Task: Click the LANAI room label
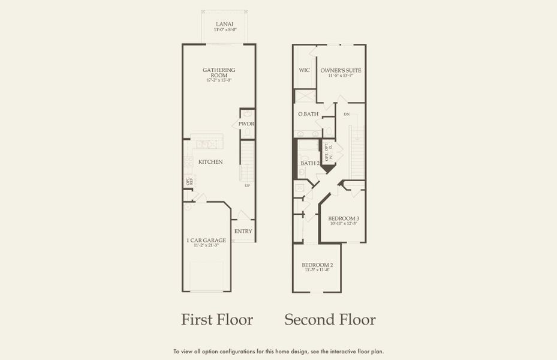[225, 23]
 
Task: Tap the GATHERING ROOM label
[219, 70]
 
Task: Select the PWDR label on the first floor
[246, 124]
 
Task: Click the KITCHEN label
[210, 162]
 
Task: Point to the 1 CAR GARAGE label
[206, 240]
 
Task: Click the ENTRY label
[243, 231]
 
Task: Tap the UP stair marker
[247, 185]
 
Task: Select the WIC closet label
[305, 70]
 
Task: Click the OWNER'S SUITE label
[340, 70]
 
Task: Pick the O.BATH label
[308, 114]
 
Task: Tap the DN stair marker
[347, 114]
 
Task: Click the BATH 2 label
[309, 163]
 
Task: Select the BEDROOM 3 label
[344, 218]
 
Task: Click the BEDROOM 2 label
[317, 265]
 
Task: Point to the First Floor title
[217, 319]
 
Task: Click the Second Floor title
[330, 319]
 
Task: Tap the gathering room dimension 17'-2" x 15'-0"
[219, 80]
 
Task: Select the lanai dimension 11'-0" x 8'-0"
[225, 29]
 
